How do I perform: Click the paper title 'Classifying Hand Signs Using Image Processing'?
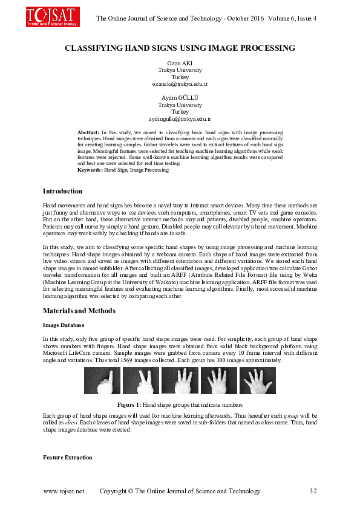tap(180, 47)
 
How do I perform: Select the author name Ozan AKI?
tap(180, 63)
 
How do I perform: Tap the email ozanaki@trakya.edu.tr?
tap(180, 84)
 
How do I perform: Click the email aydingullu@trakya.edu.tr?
tap(180, 119)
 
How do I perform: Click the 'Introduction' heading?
tap(62, 191)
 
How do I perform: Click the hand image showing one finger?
tap(102, 381)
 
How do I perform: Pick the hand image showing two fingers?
tap(141, 381)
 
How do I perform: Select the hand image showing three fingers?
tap(180, 381)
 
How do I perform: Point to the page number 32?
tap(313, 491)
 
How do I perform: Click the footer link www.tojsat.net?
tap(64, 491)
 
